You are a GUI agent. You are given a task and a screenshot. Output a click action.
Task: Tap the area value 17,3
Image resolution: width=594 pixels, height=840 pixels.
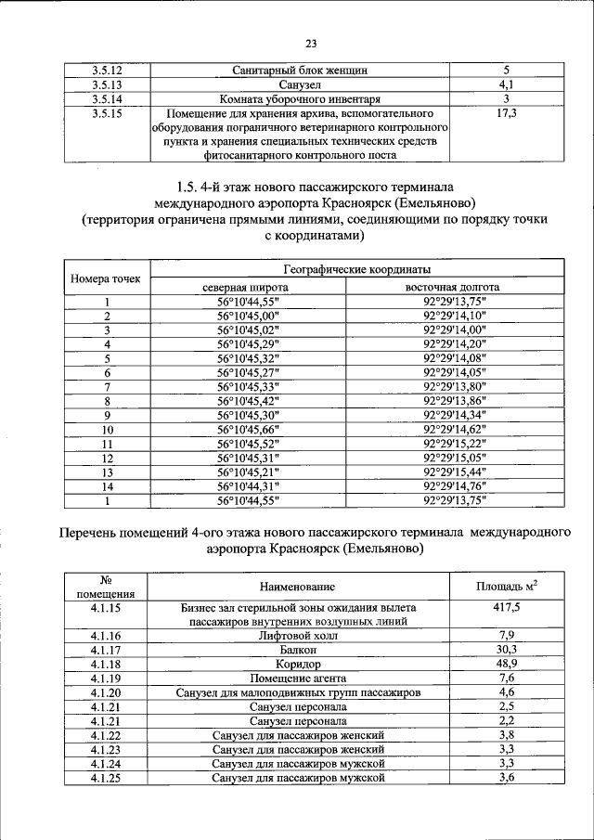coord(506,113)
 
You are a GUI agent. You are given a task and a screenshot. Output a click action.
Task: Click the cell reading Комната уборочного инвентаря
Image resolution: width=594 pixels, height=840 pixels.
coord(300,98)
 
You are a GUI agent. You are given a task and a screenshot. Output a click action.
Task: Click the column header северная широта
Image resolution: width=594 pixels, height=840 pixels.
coord(247,287)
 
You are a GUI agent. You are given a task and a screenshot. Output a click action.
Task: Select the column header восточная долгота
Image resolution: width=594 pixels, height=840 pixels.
coord(453,287)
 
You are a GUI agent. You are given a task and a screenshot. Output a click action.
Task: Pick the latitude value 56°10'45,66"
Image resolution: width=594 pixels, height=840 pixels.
coord(247,430)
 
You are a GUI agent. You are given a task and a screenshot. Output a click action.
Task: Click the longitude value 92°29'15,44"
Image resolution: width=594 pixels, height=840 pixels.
coord(454,472)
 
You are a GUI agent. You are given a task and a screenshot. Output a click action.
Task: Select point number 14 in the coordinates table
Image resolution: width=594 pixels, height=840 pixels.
coord(107,486)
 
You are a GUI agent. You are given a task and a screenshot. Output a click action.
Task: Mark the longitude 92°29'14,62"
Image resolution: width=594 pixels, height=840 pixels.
coord(454,430)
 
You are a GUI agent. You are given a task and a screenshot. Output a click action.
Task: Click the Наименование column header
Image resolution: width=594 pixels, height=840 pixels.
coord(298,587)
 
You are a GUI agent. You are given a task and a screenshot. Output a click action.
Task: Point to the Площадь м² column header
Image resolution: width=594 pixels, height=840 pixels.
coord(507,586)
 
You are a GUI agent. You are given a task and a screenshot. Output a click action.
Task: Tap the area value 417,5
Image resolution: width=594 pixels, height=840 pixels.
coord(507,607)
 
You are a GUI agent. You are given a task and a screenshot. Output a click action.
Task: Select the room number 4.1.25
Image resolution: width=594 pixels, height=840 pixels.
coord(107,777)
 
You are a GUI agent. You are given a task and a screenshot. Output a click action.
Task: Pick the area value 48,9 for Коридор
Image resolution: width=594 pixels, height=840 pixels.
coord(507,665)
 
